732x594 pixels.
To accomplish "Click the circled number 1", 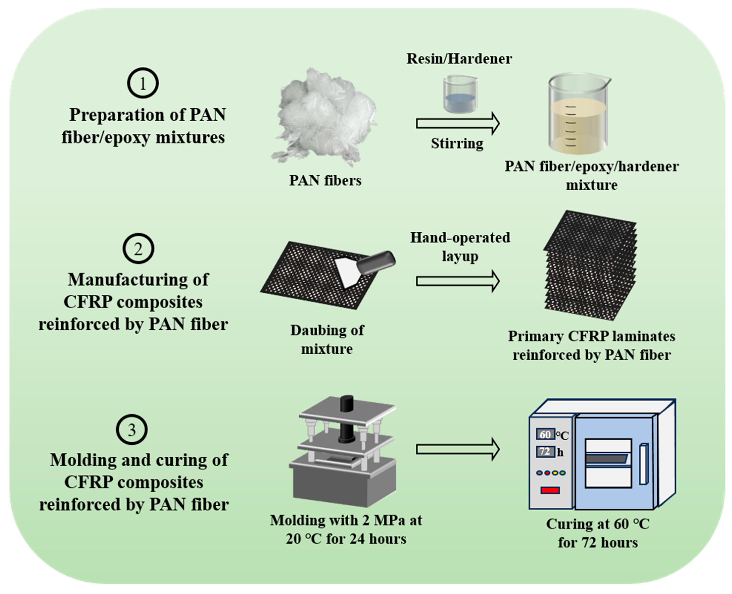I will tap(143, 83).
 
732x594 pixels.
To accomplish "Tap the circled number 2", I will tap(138, 248).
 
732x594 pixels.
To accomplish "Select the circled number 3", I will tap(132, 430).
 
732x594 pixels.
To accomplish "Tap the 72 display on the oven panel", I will tap(545, 452).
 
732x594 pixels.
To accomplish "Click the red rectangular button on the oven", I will tap(550, 490).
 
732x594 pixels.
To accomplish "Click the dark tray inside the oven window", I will tap(607, 459).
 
